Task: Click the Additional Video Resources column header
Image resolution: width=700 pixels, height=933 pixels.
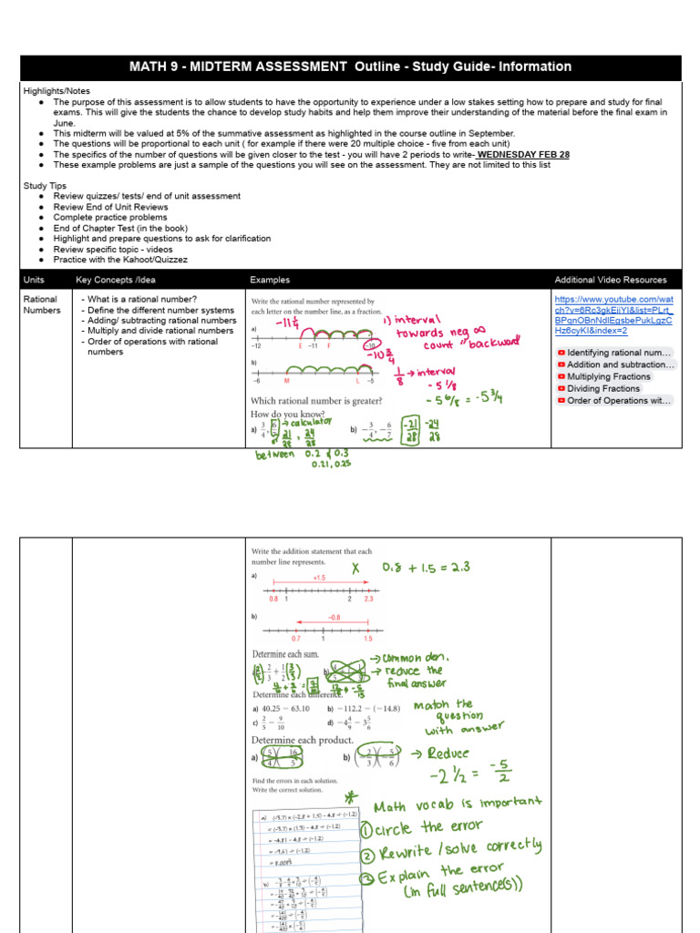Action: pyautogui.click(x=610, y=280)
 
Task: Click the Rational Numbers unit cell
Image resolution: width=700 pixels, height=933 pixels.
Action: pyautogui.click(x=41, y=304)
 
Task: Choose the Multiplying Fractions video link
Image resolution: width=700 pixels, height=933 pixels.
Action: pyautogui.click(x=608, y=376)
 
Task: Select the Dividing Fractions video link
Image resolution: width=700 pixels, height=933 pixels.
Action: pyautogui.click(x=602, y=388)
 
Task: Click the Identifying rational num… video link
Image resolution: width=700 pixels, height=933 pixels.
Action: pyautogui.click(x=618, y=353)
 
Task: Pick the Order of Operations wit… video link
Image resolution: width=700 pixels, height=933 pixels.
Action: pyautogui.click(x=618, y=400)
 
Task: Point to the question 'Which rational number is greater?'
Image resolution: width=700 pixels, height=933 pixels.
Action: pyautogui.click(x=322, y=401)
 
